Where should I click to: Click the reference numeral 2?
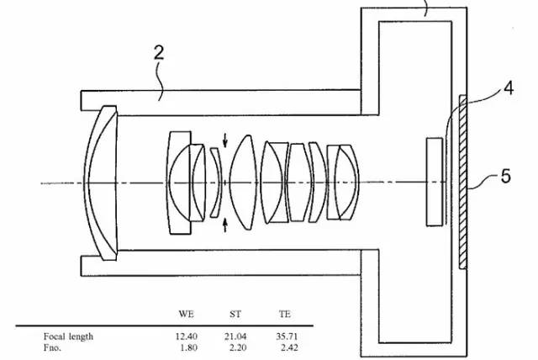[x=159, y=53]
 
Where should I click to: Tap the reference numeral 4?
[x=509, y=88]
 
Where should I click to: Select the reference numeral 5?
[x=506, y=177]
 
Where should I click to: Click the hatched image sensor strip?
[x=463, y=182]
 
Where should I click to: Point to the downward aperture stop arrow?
[x=225, y=140]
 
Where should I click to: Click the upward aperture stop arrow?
[x=225, y=225]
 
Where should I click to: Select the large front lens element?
[x=101, y=183]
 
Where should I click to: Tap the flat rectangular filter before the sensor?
[x=435, y=182]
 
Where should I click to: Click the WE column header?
[x=186, y=314]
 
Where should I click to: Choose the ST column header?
[x=235, y=314]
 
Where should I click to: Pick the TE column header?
[x=285, y=314]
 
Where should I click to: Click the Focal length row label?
[x=68, y=336]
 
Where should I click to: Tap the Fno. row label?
[x=52, y=347]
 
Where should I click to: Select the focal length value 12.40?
[x=187, y=336]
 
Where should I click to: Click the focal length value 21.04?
[x=235, y=336]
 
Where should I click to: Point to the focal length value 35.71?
[x=287, y=336]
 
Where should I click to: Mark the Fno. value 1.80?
[x=188, y=347]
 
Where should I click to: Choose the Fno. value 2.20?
[x=238, y=347]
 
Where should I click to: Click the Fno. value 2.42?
[x=289, y=347]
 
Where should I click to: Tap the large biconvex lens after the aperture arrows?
[x=243, y=183]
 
